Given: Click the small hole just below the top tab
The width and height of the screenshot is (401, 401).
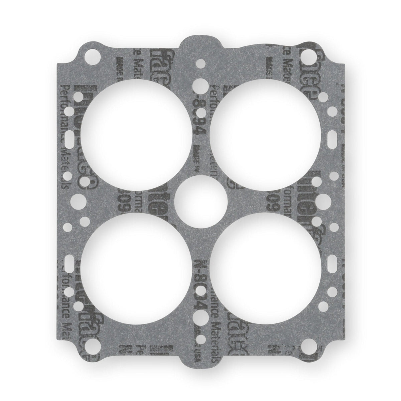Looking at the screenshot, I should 200,62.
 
